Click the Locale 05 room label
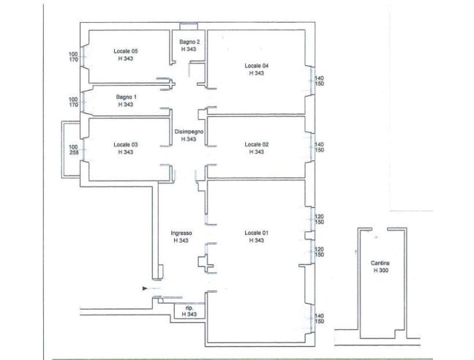[x=126, y=51]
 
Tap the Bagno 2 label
[x=189, y=42]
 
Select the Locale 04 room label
[x=256, y=66]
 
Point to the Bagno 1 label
[x=126, y=97]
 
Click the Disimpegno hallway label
[x=189, y=132]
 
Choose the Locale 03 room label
[x=126, y=144]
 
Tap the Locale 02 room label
[x=256, y=144]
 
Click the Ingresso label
[x=181, y=233]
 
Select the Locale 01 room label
[x=256, y=233]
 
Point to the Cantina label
[x=380, y=263]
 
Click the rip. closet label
[x=189, y=308]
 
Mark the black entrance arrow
[x=145, y=289]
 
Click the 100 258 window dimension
[x=73, y=150]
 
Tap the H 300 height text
[x=381, y=271]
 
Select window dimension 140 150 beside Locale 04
[x=319, y=81]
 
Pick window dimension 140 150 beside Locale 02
[x=319, y=147]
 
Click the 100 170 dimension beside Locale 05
[x=73, y=57]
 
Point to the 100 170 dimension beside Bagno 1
[x=73, y=102]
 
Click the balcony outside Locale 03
[x=63, y=149]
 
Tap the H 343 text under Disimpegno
[x=189, y=139]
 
